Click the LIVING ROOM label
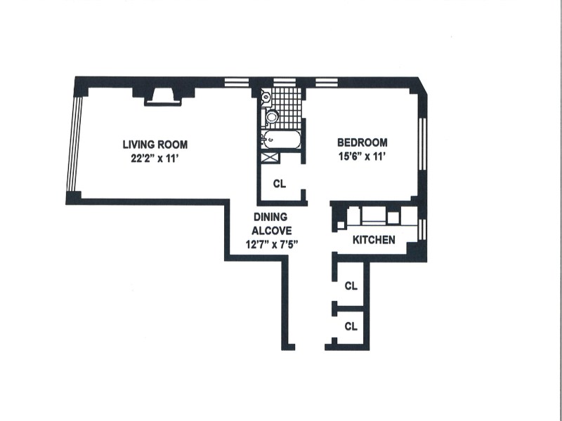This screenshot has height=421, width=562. click(155, 145)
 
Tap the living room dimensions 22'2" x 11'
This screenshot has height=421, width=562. click(155, 159)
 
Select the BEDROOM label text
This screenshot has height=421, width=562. click(362, 142)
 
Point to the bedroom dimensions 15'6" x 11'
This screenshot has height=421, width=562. click(362, 156)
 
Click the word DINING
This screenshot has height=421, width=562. click(270, 217)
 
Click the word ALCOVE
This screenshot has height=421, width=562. click(271, 231)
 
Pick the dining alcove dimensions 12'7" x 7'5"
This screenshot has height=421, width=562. click(272, 244)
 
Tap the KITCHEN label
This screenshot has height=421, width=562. click(374, 240)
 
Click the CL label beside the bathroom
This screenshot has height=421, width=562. click(280, 184)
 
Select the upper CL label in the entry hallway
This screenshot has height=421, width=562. click(351, 286)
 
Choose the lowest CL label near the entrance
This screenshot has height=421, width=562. click(351, 326)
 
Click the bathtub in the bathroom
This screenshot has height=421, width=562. click(280, 140)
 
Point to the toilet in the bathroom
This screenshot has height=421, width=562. click(270, 116)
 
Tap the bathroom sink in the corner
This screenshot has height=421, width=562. click(266, 95)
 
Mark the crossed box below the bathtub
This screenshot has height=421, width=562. click(270, 158)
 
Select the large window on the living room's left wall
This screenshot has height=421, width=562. click(75, 144)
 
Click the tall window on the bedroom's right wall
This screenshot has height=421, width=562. click(423, 144)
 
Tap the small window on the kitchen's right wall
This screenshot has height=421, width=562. click(423, 229)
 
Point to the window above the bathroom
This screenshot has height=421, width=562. click(285, 82)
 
